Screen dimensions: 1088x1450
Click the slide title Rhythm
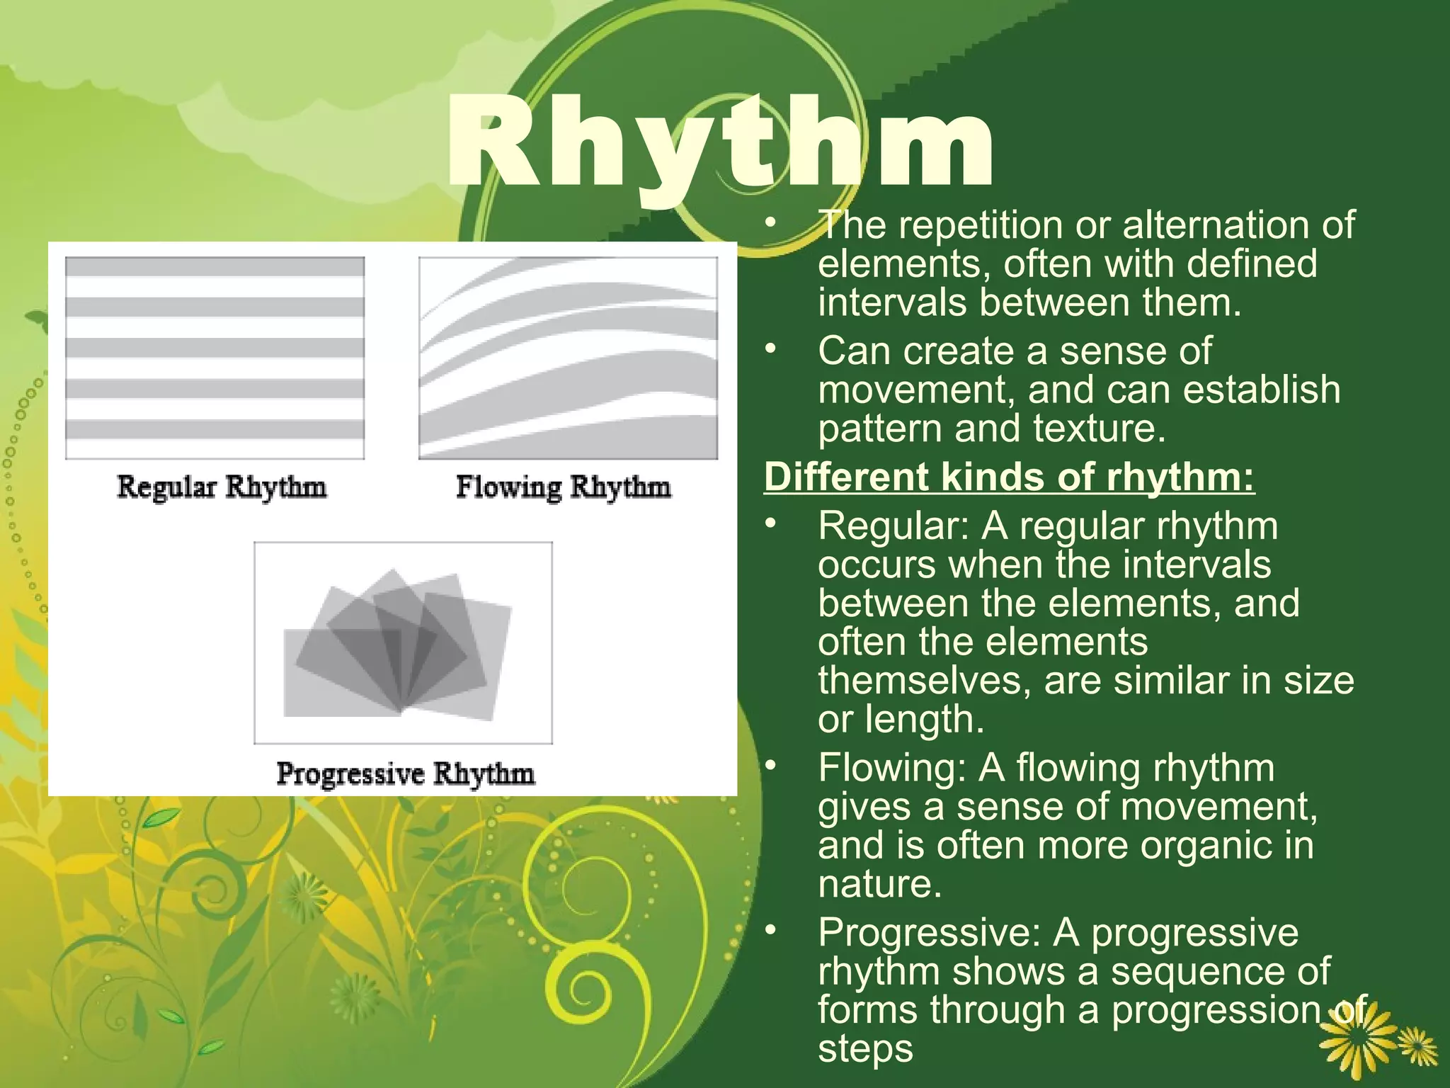(719, 145)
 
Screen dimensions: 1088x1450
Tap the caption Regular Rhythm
(222, 487)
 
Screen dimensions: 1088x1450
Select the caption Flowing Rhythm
(563, 487)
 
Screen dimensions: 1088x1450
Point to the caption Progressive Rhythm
(405, 773)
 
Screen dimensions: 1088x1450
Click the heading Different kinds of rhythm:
(1009, 477)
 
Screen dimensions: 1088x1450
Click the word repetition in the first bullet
(981, 225)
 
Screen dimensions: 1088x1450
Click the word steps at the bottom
(865, 1048)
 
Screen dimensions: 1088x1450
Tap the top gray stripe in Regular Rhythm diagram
(215, 267)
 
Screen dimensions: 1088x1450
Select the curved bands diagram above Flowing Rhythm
(568, 358)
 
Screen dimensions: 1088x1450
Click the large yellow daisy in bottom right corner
(1357, 1038)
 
